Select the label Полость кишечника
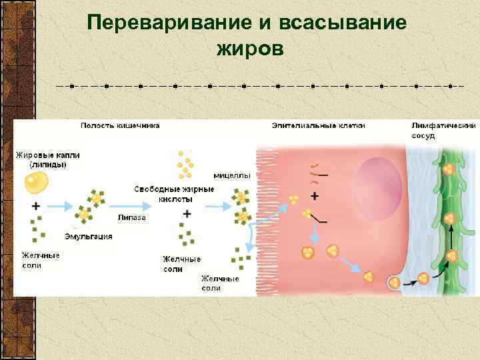120,125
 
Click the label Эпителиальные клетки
318,125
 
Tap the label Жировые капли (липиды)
48,159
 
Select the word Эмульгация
89,237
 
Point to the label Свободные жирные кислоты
175,194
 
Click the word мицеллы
232,176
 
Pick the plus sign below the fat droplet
35,207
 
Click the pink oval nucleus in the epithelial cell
377,186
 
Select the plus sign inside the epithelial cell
314,196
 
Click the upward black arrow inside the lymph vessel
451,237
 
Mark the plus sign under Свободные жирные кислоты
187,214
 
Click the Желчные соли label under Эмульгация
39,260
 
